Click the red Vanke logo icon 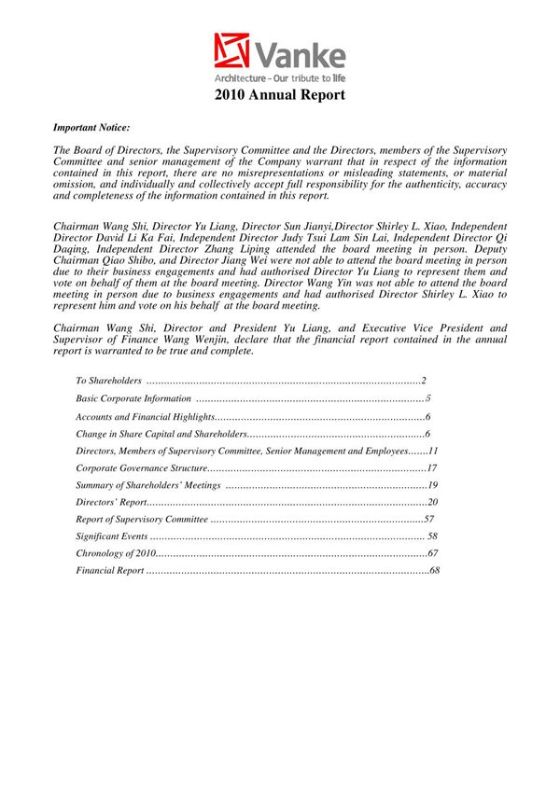(x=231, y=51)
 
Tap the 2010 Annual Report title (x=280, y=95)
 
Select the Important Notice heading (x=91, y=126)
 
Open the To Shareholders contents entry (x=108, y=381)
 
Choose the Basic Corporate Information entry (x=133, y=398)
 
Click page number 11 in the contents (x=433, y=452)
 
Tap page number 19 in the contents (x=433, y=486)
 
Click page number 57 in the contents (x=429, y=520)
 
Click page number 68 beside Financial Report (x=434, y=570)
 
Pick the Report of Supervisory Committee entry (x=141, y=520)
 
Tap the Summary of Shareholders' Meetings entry (x=148, y=486)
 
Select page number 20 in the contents (x=433, y=504)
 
